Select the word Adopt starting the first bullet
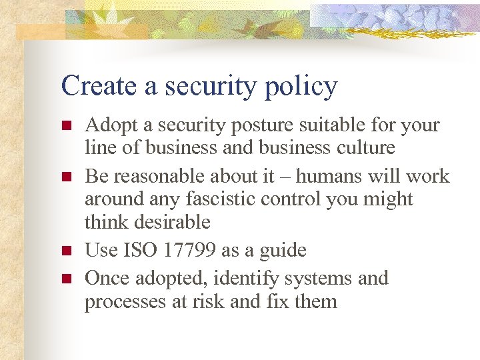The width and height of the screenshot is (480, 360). tap(107, 125)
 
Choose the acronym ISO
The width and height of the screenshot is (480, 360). tap(140, 250)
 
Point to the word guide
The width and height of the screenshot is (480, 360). tap(281, 251)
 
